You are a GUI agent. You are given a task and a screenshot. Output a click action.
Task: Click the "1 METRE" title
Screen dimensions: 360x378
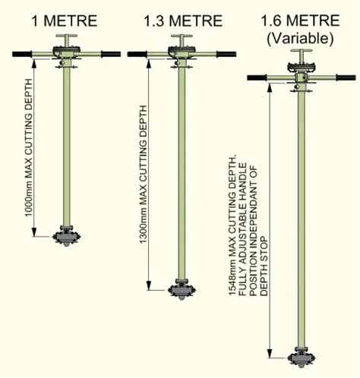(x=65, y=20)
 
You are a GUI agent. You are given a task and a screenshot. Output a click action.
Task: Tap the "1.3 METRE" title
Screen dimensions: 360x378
(x=183, y=20)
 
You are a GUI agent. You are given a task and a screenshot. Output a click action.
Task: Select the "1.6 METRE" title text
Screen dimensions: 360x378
(x=300, y=20)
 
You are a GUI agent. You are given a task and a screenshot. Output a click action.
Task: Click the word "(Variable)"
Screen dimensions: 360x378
(x=300, y=39)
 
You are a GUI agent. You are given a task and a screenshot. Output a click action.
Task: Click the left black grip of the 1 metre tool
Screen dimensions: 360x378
(x=22, y=54)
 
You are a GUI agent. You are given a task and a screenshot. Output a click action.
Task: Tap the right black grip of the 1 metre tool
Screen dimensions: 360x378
(x=111, y=54)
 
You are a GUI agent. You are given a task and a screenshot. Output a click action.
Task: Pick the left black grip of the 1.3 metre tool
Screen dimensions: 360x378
(x=137, y=54)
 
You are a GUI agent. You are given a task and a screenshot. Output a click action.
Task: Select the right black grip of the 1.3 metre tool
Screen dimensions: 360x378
(x=226, y=54)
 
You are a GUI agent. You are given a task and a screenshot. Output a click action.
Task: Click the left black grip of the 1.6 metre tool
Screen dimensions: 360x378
(x=257, y=77)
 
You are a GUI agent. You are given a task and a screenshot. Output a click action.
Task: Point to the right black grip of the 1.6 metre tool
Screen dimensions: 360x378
(x=346, y=77)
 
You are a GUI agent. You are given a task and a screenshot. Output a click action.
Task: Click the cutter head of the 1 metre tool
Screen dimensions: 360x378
(x=67, y=237)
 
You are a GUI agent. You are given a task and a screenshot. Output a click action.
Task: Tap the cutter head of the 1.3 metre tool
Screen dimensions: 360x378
(x=182, y=290)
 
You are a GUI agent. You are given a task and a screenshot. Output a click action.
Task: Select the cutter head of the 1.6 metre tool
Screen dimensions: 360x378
(x=302, y=358)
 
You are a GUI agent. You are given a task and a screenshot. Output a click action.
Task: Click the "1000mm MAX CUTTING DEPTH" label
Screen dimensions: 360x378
(x=29, y=148)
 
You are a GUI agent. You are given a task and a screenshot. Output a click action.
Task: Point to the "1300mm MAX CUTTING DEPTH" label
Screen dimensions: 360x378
(x=144, y=175)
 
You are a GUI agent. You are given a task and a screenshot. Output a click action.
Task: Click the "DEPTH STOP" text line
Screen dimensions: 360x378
(x=264, y=266)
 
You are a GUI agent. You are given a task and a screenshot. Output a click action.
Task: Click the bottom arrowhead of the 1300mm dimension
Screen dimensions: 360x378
(x=149, y=285)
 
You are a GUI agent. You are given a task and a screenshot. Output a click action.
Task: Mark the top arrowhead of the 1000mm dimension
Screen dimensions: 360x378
(x=34, y=65)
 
